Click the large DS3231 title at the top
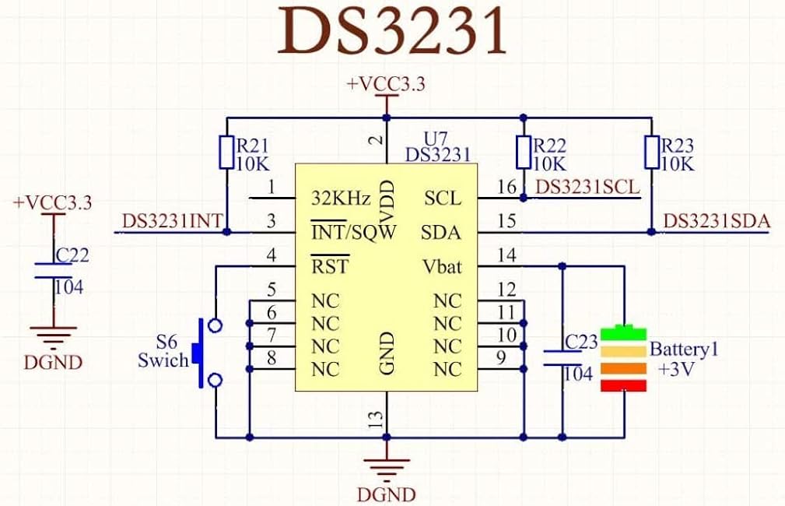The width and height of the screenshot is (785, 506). pos(392,31)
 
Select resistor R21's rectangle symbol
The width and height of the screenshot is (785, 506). pos(226,152)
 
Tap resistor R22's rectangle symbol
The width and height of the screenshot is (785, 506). pos(523,152)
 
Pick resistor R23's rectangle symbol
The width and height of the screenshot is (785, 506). pos(651,152)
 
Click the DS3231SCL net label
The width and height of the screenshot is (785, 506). pos(587,188)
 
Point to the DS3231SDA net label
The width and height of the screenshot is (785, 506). pos(717,221)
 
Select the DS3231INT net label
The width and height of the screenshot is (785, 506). pos(172,221)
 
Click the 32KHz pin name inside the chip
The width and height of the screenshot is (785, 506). pos(341,199)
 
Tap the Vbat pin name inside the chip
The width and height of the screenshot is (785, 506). pos(442,266)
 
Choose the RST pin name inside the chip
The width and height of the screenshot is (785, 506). pos(330,265)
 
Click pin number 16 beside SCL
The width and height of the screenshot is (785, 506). pos(506,187)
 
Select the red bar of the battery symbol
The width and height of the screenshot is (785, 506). pos(623,386)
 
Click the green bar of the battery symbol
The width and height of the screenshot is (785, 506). pos(623,332)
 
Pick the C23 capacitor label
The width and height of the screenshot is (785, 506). pos(581,342)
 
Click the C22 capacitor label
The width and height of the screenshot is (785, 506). pos(72,255)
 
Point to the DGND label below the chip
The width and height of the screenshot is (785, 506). pos(386,494)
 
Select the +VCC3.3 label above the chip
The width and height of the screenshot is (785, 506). pos(386,84)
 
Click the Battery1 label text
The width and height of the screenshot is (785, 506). pos(684,350)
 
